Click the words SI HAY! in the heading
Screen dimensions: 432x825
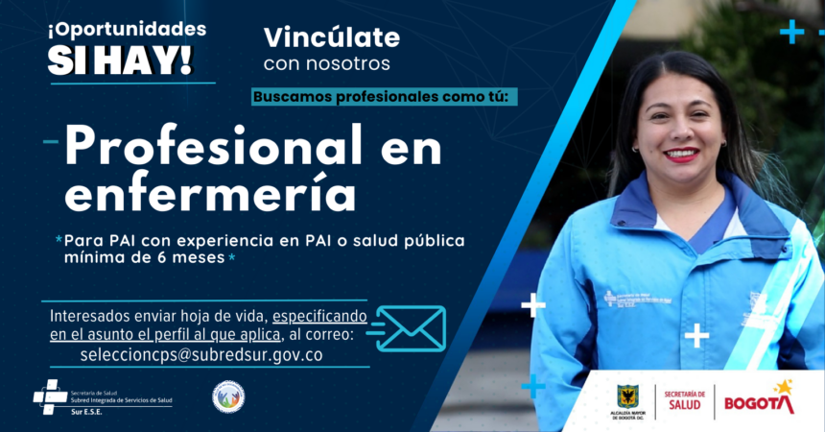tap(120, 59)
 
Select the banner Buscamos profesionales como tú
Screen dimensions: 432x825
tap(386, 97)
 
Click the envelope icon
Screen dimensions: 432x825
tap(411, 328)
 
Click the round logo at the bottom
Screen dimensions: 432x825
tap(228, 396)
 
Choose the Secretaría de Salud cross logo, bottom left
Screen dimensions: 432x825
tap(49, 396)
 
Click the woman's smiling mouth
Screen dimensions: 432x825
tap(681, 154)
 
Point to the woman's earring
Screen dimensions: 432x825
tap(635, 149)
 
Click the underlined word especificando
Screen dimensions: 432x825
tap(320, 316)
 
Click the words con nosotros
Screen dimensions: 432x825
tap(326, 63)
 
